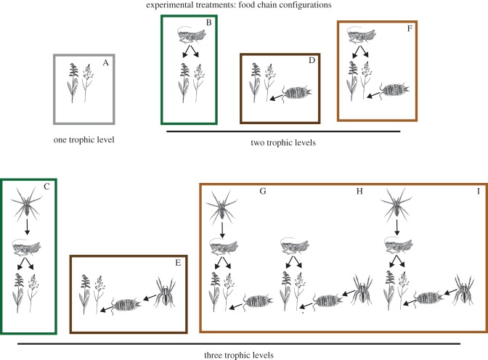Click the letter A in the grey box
coord(105,64)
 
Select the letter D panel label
coord(311,60)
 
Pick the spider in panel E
coord(163,293)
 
